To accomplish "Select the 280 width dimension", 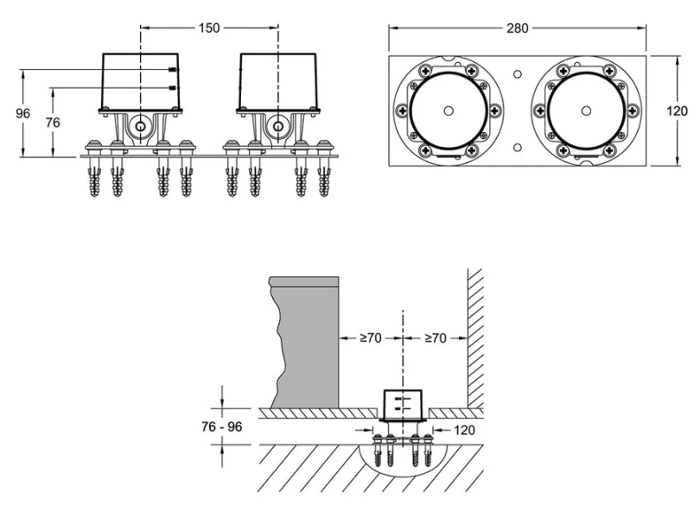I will (x=518, y=28).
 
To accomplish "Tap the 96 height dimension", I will (x=23, y=114).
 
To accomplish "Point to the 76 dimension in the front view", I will (x=53, y=123).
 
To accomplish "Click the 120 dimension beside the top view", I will (x=678, y=111).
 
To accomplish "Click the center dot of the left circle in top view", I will (x=448, y=111).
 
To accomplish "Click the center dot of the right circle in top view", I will (x=586, y=111).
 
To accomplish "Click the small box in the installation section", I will (x=403, y=403).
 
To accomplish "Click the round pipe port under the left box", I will (x=139, y=127).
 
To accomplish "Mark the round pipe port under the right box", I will (x=277, y=127).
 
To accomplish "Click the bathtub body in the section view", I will (x=308, y=345).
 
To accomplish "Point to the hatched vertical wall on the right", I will (x=475, y=337).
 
